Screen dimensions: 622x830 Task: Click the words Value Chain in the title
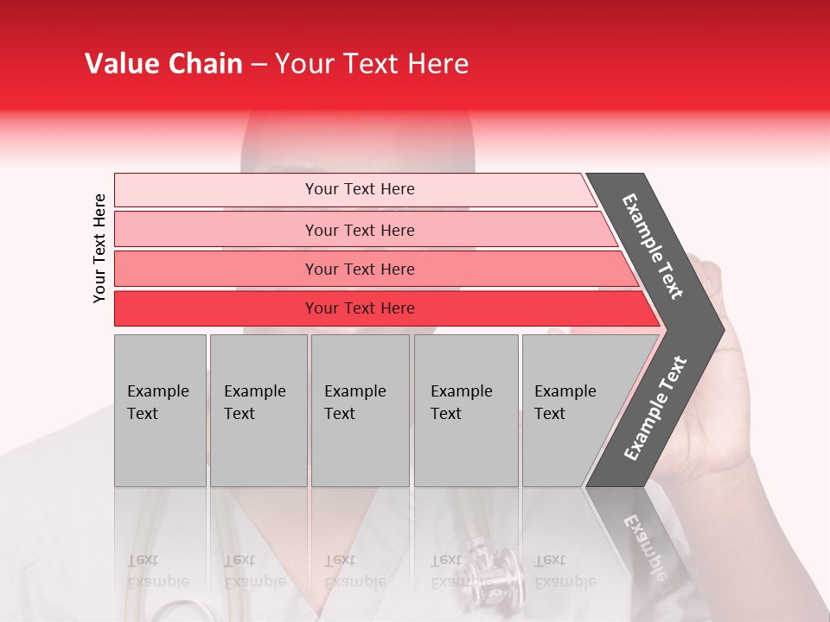point(163,64)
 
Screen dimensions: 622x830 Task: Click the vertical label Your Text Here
point(99,248)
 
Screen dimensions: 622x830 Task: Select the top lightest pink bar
point(360,189)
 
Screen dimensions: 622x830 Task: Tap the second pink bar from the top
point(360,230)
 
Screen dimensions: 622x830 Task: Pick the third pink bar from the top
point(360,269)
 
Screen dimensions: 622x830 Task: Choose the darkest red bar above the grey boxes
point(360,308)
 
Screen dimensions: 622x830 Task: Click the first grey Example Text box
point(160,410)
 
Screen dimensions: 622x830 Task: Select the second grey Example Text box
point(259,410)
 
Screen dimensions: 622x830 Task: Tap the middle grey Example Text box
point(360,410)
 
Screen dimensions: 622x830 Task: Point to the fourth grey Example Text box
point(466,410)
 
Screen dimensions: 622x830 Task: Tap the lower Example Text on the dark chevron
point(655,408)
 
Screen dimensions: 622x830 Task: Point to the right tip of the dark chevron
point(719,329)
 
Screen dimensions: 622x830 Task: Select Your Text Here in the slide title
point(372,64)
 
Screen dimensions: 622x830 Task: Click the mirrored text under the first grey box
point(158,570)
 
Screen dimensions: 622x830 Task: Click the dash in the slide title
point(259,65)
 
